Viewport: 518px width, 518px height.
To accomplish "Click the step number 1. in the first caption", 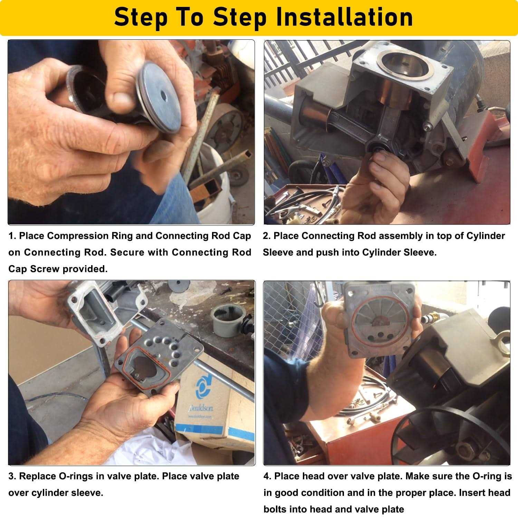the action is tap(12, 236).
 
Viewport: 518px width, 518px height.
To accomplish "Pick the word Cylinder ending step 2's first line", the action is tap(486, 236).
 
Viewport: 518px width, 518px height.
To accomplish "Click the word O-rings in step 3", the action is tap(74, 476).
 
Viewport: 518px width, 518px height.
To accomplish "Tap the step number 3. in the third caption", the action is tap(12, 476).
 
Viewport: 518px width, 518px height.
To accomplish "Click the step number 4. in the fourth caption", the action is tap(268, 476).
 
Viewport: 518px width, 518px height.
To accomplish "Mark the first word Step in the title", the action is tap(142, 17).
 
